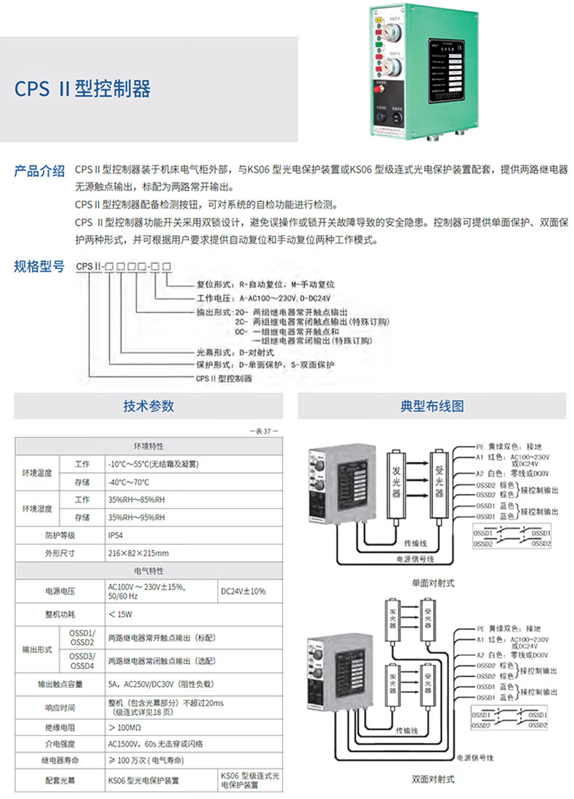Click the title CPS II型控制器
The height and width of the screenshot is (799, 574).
click(x=83, y=89)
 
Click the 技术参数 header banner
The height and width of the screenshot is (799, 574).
click(x=148, y=406)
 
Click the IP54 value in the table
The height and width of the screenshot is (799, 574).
click(x=116, y=535)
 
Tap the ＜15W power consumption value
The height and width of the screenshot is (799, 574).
click(x=120, y=614)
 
